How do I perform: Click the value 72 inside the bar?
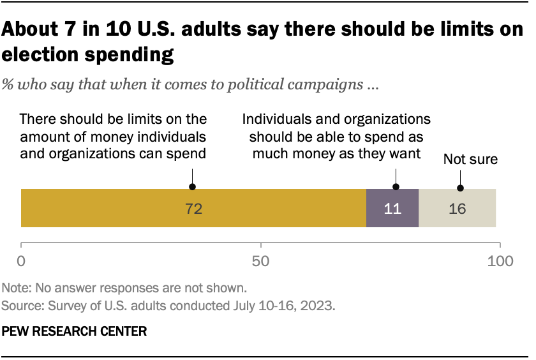pyautogui.click(x=193, y=209)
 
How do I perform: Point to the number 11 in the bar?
pyautogui.click(x=392, y=209)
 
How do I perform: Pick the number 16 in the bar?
pyautogui.click(x=457, y=209)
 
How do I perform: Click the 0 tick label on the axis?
pyautogui.click(x=22, y=260)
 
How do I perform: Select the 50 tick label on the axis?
pyautogui.click(x=261, y=260)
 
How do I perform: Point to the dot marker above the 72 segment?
pyautogui.click(x=193, y=187)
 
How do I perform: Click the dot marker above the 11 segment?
pyautogui.click(x=396, y=187)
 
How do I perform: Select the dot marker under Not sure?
pyautogui.click(x=460, y=188)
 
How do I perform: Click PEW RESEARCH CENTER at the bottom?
pyautogui.click(x=75, y=331)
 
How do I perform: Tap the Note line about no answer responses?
pyautogui.click(x=124, y=287)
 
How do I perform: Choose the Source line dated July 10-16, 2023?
pyautogui.click(x=168, y=305)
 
